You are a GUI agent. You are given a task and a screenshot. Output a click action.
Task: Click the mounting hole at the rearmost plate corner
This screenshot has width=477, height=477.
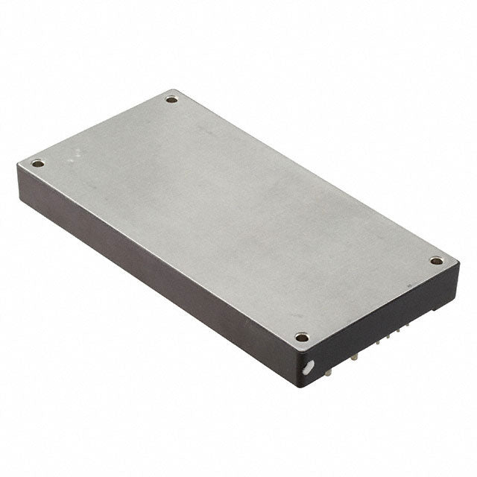tap(171, 98)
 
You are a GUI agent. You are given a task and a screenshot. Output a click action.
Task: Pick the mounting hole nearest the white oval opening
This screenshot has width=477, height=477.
tap(301, 337)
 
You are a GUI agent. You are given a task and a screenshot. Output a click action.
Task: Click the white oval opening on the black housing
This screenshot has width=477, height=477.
tap(308, 367)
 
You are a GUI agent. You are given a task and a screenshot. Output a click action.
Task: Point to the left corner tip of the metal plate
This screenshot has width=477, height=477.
tap(17, 165)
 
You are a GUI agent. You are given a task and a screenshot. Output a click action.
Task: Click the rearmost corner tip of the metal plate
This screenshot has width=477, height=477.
tap(174, 89)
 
